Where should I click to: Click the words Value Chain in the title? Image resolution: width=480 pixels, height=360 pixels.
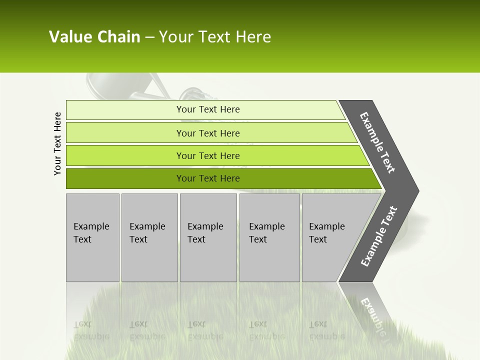tap(94, 37)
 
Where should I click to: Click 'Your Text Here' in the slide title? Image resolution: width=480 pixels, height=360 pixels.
tap(215, 37)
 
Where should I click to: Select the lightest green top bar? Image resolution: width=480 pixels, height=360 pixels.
tap(207, 109)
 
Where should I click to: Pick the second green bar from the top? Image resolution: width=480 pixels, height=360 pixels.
tap(208, 133)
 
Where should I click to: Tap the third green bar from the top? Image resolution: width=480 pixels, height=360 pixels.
tap(208, 155)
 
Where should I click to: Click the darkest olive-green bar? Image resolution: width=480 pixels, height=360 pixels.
tap(208, 178)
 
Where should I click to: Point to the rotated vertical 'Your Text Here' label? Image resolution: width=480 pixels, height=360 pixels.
tap(57, 143)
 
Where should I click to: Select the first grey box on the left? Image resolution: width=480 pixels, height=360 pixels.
tap(92, 237)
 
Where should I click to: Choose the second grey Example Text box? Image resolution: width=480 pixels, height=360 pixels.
tap(149, 237)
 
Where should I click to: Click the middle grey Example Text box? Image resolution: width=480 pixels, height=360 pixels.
tap(208, 237)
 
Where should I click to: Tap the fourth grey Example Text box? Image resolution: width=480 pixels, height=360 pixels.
tap(269, 237)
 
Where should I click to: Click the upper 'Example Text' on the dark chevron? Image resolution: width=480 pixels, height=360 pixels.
tap(377, 142)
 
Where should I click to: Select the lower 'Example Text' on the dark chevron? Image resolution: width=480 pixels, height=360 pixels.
tap(379, 236)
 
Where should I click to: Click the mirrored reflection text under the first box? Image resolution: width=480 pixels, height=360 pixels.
tap(91, 330)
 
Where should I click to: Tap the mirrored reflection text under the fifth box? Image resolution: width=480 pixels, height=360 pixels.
tap(327, 330)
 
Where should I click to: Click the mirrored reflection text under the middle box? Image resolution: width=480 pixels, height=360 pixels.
tap(205, 330)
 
